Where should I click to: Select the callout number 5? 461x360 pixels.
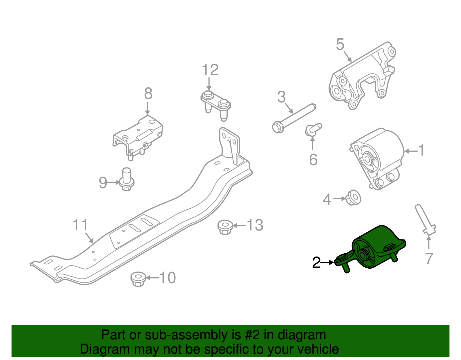pyautogui.click(x=340, y=44)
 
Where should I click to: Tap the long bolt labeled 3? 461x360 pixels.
pyautogui.click(x=294, y=118)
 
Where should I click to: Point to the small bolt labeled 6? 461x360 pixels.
pyautogui.click(x=313, y=130)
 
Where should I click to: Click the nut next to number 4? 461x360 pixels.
pyautogui.click(x=353, y=197)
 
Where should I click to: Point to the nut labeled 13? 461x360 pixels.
pyautogui.click(x=225, y=227)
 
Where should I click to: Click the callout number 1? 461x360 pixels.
pyautogui.click(x=421, y=150)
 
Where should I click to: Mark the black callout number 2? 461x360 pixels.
pyautogui.click(x=316, y=262)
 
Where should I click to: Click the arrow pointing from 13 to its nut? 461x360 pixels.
pyautogui.click(x=239, y=225)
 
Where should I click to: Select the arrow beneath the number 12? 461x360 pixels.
pyautogui.click(x=209, y=84)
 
